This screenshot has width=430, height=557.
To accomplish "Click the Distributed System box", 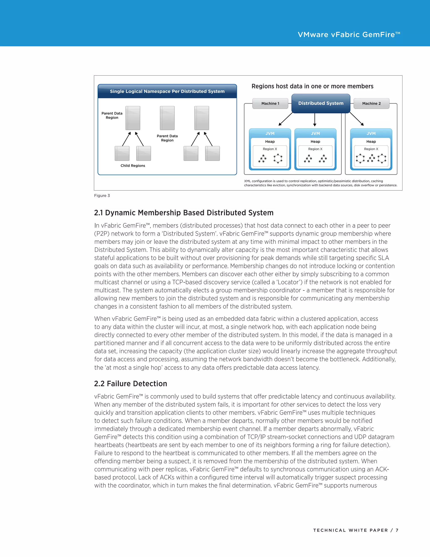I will coord(321,103).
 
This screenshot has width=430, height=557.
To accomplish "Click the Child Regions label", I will coord(133,165).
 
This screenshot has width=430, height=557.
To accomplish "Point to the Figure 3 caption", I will coord(102,196).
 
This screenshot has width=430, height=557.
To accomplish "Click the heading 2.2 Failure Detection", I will coord(130,384).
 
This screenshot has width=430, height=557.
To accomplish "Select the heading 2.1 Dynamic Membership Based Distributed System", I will coord(184,213).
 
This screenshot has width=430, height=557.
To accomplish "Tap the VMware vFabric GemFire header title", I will coord(349,35).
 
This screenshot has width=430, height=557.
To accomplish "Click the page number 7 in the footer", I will coord(397,530).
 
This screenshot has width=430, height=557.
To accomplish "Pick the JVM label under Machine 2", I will coord(371,133).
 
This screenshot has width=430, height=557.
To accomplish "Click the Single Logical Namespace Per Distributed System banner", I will coord(167,91).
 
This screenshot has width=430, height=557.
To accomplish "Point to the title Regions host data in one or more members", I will coord(312,86).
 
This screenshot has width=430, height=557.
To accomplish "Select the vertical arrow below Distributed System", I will coord(315,120).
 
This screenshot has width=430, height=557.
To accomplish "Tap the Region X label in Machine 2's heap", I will coord(371,149).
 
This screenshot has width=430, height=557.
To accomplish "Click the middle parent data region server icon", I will coord(167,118).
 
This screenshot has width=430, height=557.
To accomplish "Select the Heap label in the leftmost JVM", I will coord(270,141).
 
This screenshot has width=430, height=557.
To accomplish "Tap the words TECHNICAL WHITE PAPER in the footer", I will coord(350,530).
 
